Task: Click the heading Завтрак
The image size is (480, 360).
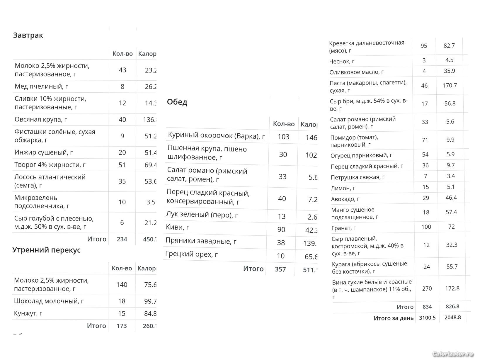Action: pos(28,35)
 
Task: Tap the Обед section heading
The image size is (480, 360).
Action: pos(177,102)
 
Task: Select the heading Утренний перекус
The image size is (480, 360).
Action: pos(46,250)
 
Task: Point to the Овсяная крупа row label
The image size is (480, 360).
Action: pos(41,119)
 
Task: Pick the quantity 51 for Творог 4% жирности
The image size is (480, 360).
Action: pos(122,165)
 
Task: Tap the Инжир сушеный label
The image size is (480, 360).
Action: pos(44,152)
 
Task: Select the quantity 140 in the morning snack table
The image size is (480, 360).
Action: pos(122,285)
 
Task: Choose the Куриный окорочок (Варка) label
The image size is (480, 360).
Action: pos(216,135)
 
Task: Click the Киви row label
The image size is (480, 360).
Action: pos(178,227)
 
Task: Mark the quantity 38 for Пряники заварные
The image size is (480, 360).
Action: pos(281,243)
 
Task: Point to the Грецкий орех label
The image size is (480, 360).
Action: pos(192,254)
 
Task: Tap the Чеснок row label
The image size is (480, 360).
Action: pos(342,61)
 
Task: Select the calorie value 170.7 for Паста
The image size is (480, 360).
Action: pos(450,85)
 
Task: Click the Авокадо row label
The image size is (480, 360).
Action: pos(345,199)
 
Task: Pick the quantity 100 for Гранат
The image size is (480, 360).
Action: pos(426,227)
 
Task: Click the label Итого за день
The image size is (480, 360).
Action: pos(394,318)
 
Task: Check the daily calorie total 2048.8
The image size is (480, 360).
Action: pos(452,317)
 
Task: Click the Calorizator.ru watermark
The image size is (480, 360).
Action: pos(453,354)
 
